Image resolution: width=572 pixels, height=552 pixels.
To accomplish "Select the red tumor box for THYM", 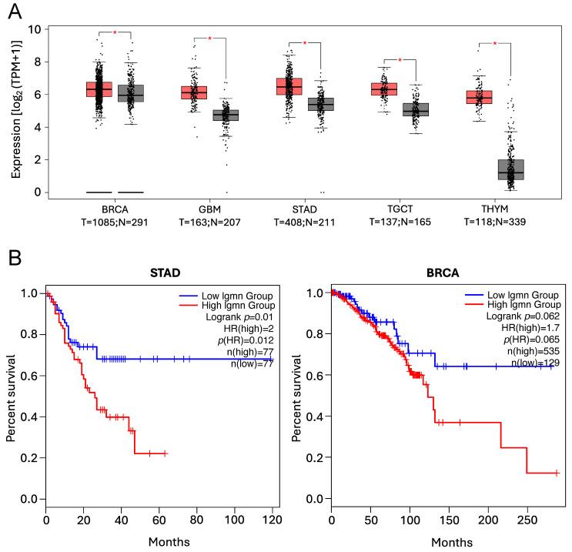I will [x=481, y=96].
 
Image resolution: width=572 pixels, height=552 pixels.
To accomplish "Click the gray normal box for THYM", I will [x=510, y=169].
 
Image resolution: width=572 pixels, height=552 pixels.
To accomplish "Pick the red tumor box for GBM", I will [x=194, y=92].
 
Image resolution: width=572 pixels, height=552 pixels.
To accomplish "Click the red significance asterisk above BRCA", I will [x=115, y=33].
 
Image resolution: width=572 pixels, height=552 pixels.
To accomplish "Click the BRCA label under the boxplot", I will [x=113, y=208].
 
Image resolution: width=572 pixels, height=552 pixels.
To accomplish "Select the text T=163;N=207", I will [x=209, y=221].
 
